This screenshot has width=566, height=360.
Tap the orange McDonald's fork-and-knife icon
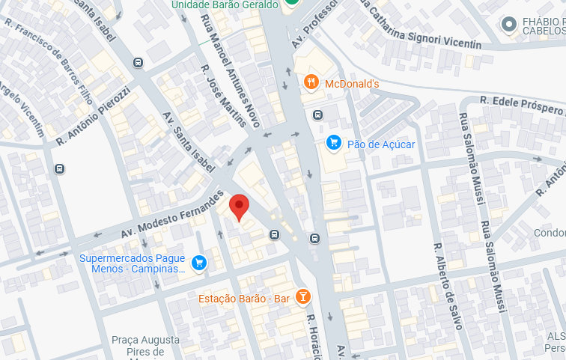[312, 82]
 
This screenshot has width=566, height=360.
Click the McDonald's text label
[352, 83]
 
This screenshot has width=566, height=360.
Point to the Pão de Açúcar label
[381, 143]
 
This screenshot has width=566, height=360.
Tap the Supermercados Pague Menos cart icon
[198, 262]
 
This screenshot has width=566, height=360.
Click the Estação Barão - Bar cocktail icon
[302, 297]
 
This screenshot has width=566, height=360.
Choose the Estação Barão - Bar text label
[244, 298]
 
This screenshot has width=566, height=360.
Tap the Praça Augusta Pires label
[147, 345]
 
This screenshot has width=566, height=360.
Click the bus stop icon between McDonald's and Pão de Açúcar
[317, 115]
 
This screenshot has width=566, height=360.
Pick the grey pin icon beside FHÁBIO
[510, 25]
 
